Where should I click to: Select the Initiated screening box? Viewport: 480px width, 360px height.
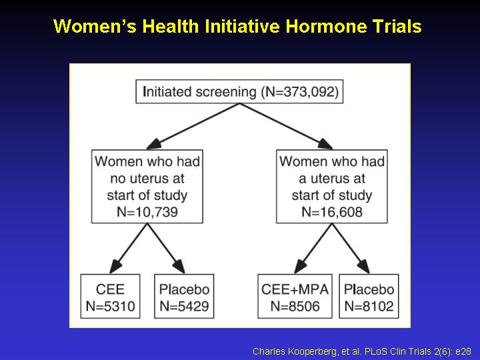point(239,91)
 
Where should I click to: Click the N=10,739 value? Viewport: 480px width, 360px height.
point(147,212)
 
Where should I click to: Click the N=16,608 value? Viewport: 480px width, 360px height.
point(332,212)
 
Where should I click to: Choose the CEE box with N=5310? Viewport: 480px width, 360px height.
point(110,296)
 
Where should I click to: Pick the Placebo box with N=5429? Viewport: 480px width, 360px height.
point(184,296)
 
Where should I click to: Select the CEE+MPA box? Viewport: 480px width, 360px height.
point(295,296)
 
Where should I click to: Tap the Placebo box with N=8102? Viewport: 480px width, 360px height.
point(369,296)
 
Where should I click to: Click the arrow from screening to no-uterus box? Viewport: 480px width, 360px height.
point(193,126)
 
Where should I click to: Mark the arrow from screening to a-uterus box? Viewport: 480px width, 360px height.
point(286,126)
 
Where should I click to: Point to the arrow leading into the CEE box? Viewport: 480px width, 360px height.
point(129,248)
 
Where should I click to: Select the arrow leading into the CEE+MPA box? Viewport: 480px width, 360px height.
point(313,248)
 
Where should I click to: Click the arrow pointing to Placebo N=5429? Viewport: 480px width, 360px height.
point(166,248)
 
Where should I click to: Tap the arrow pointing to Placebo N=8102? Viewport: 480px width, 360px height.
point(351,248)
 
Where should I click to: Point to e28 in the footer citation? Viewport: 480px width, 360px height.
point(463,351)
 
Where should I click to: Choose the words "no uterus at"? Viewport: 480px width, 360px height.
point(147,179)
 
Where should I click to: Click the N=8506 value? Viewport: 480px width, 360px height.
point(295,306)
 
